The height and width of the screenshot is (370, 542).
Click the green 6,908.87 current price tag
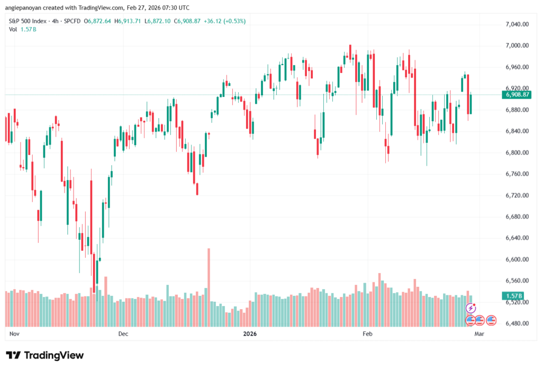click(518, 95)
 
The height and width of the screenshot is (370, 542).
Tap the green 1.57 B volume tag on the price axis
click(512, 296)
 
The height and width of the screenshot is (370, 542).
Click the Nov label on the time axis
click(14, 334)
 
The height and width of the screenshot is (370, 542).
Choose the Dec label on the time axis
click(123, 334)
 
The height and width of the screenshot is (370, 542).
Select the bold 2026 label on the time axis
click(249, 334)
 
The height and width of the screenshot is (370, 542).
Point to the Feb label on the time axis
click(367, 334)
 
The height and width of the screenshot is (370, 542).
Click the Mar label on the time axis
click(479, 334)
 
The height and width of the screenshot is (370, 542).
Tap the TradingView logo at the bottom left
click(44, 355)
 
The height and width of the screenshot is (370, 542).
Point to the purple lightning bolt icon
click(470, 308)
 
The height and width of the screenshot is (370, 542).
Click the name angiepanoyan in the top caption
click(22, 8)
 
